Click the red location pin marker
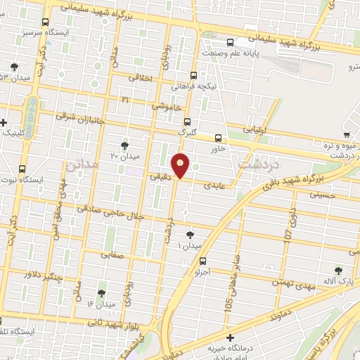pos(181,165)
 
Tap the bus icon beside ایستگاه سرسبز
pos(46,22)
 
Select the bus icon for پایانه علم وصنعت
pos(231,41)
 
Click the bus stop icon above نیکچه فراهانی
pos(193,75)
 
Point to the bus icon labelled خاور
pos(217,138)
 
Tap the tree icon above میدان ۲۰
pos(124,146)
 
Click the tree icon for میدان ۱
pos(190,235)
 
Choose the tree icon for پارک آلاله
pos(339,271)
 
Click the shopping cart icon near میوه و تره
pos(347,134)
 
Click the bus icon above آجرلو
pos(203,261)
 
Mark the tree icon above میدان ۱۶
pos(101,293)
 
